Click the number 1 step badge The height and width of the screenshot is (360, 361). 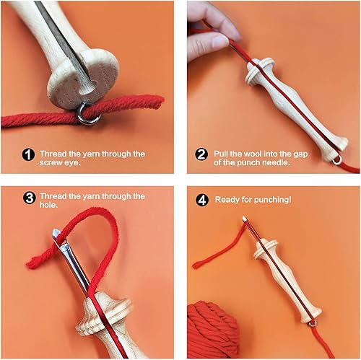click(27, 154)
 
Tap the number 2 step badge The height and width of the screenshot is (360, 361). click(202, 154)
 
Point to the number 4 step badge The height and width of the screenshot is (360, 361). click(202, 197)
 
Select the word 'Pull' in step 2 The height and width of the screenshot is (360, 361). click(222, 154)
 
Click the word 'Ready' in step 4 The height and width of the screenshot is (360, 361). click(228, 197)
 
